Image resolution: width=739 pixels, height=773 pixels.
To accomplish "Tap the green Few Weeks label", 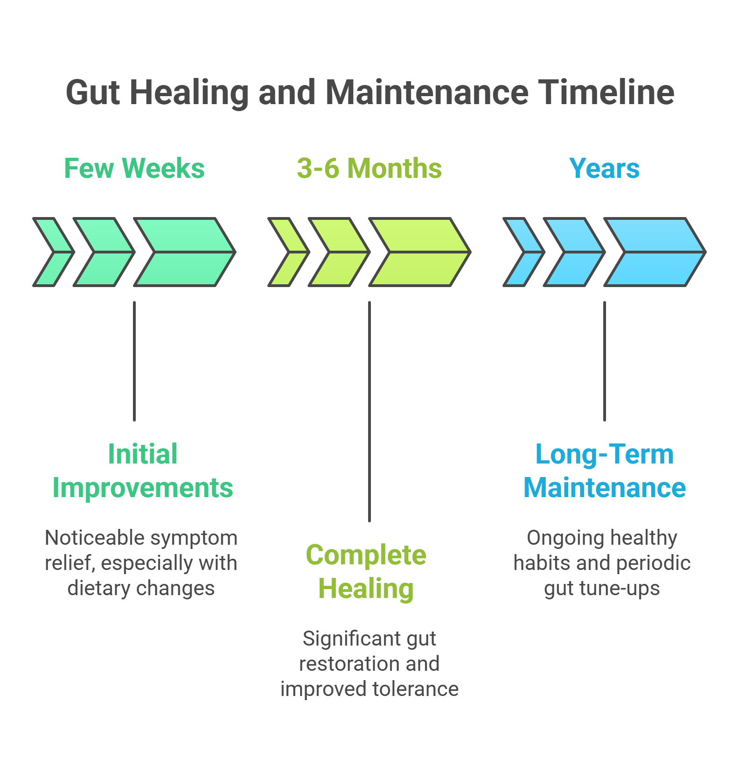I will [x=134, y=169].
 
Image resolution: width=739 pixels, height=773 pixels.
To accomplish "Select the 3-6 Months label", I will [x=369, y=169].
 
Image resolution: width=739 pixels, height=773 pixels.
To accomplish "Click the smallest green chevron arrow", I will [x=52, y=252].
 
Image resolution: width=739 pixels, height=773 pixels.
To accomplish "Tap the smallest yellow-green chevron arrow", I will [x=288, y=252].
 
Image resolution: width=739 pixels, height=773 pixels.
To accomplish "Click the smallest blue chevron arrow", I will [x=523, y=252].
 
